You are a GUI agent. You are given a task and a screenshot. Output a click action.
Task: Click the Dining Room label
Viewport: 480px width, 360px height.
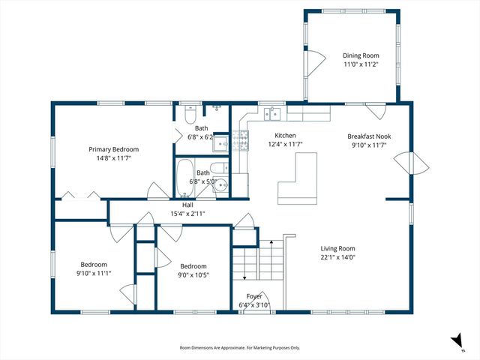coord(361,55)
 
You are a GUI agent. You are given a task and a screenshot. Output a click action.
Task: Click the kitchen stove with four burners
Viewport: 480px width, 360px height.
coord(241,141)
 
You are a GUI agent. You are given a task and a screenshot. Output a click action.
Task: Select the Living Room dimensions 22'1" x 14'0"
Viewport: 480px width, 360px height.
coord(337,257)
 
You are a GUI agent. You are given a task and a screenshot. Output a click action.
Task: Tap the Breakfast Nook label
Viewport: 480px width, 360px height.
coord(369,136)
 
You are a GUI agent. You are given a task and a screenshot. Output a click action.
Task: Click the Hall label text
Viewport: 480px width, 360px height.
coord(188,205)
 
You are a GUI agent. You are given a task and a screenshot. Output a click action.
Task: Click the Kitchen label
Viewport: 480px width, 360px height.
coord(285,135)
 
